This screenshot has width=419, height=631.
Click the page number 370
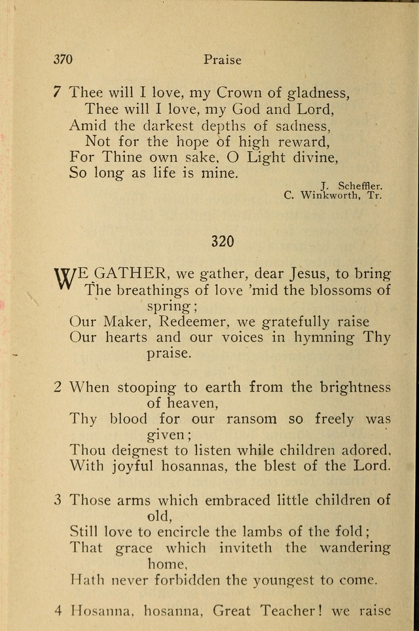[x=63, y=60]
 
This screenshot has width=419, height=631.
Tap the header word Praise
[x=222, y=60]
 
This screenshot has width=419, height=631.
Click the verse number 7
[x=58, y=93]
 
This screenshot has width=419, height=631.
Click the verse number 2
[x=58, y=387]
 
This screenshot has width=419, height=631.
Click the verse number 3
[x=58, y=500]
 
